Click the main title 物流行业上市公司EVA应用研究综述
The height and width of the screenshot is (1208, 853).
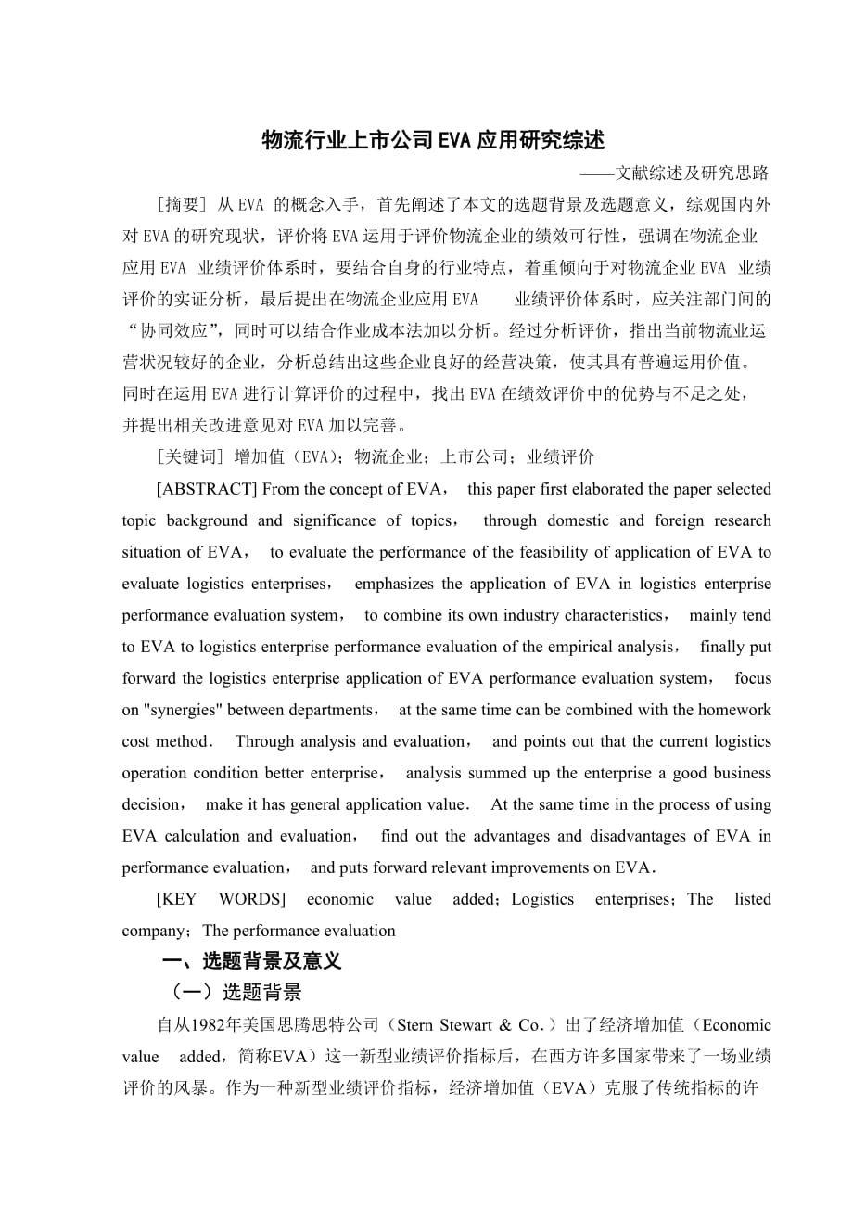click(433, 140)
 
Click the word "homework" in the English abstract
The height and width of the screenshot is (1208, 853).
click(732, 710)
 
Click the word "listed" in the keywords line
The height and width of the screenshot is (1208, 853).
click(752, 899)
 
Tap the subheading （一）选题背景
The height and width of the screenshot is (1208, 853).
click(232, 993)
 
